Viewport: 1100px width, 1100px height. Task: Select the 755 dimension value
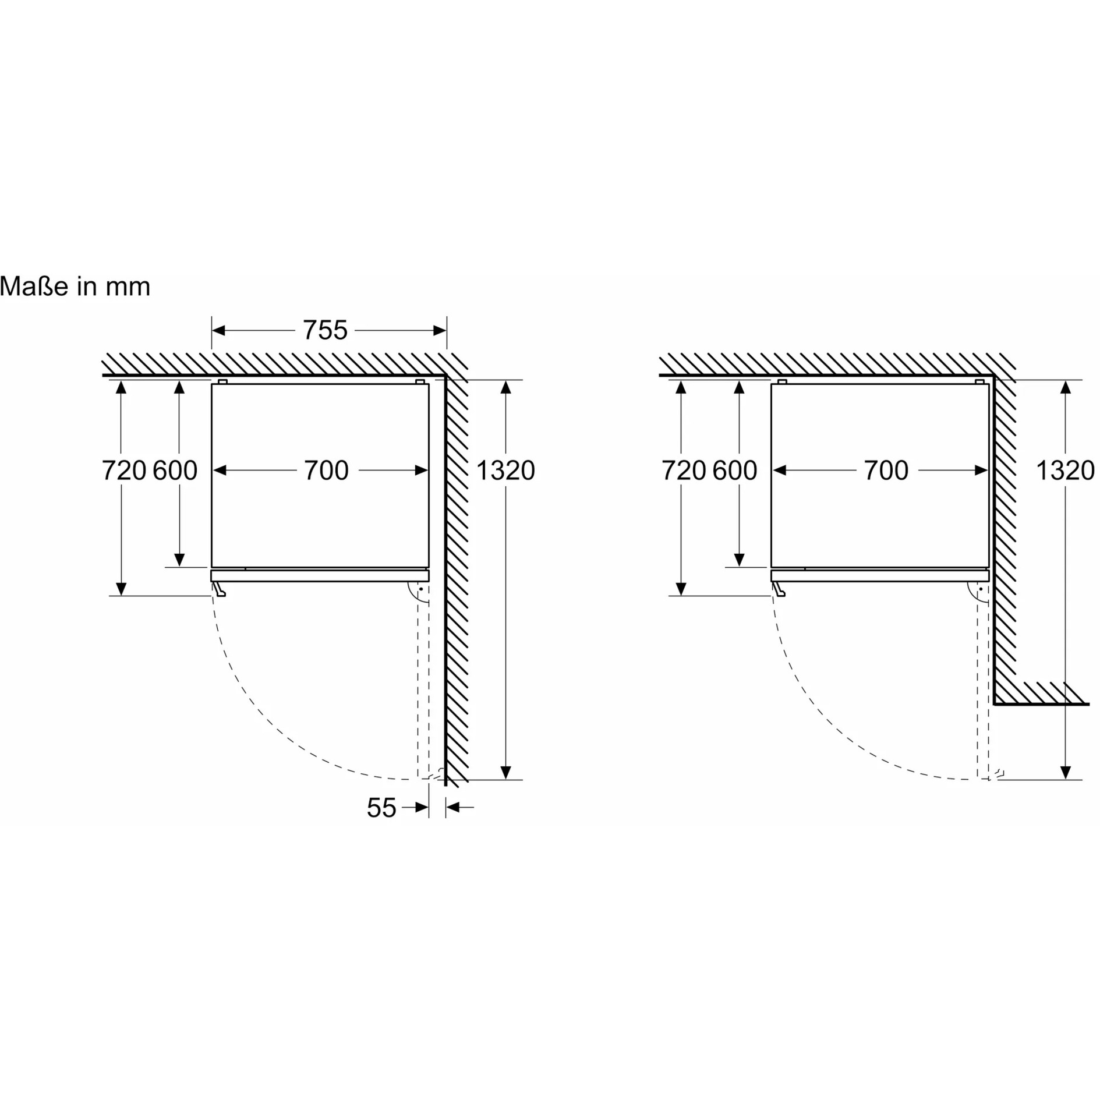point(325,330)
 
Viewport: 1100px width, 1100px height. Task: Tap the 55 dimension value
point(381,808)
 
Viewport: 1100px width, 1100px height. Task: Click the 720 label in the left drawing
point(124,471)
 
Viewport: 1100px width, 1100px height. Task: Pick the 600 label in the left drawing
point(175,471)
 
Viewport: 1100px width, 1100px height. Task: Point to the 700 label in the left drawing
point(326,471)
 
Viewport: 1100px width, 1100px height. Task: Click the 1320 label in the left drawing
point(505,471)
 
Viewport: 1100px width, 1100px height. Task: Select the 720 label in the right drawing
point(684,471)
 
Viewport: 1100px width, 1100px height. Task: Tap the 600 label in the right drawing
point(735,471)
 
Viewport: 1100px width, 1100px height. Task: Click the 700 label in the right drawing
point(886,471)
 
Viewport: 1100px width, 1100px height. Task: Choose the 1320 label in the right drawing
point(1065,471)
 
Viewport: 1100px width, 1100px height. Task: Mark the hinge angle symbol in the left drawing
point(419,592)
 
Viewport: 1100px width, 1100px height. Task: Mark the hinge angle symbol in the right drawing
point(978,592)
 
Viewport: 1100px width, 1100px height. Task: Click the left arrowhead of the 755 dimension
point(218,331)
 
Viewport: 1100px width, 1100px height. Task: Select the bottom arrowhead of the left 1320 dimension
point(505,772)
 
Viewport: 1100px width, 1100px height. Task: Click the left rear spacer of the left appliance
point(222,381)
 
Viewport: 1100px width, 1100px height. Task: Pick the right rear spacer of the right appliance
point(980,381)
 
